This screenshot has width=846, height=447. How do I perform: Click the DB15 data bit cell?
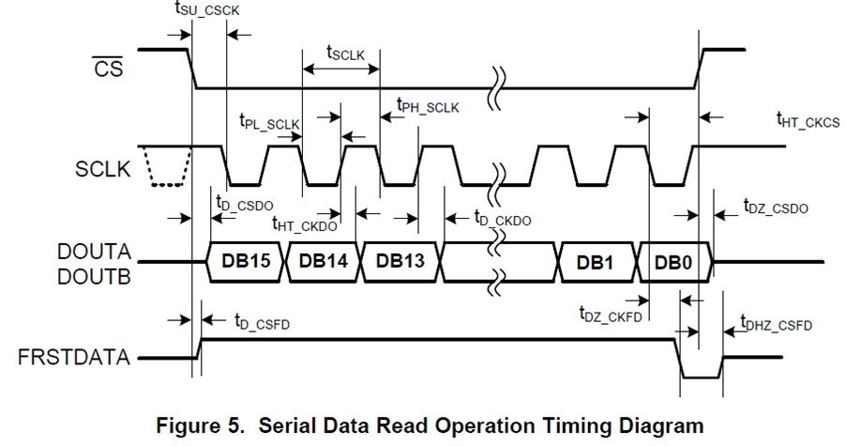point(246,262)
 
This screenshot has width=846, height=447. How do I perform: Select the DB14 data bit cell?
point(323,262)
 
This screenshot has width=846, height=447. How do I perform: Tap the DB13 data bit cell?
point(400,262)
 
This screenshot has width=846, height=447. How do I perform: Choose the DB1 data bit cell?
point(597,263)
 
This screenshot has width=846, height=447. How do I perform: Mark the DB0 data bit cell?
point(673,263)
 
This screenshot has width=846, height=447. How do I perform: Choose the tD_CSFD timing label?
point(262,321)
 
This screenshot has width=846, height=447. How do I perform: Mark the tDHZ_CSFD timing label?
point(776,324)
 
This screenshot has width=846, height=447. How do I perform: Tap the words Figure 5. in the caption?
point(201,424)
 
